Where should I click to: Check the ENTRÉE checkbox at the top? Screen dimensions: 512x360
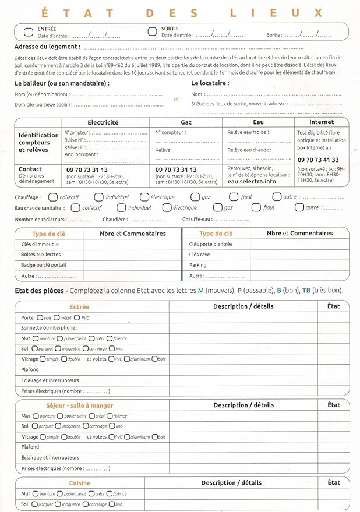(x=29, y=31)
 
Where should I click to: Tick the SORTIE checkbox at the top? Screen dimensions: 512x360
(x=152, y=31)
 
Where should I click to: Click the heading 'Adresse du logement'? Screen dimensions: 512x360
(x=47, y=47)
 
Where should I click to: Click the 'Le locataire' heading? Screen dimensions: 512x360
(x=210, y=83)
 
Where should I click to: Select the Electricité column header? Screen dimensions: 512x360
(x=103, y=122)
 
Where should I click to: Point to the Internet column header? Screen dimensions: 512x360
(x=322, y=122)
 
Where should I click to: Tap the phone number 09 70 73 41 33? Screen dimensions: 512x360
(x=318, y=160)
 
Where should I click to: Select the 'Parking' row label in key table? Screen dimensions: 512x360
(x=197, y=265)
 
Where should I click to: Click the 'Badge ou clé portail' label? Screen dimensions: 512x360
(x=43, y=265)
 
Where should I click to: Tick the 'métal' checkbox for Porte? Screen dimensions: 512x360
(x=58, y=318)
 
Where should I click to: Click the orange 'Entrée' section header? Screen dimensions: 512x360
(x=79, y=306)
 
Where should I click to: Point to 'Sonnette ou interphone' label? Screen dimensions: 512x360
(x=50, y=328)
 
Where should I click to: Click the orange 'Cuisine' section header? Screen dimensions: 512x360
(x=80, y=483)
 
